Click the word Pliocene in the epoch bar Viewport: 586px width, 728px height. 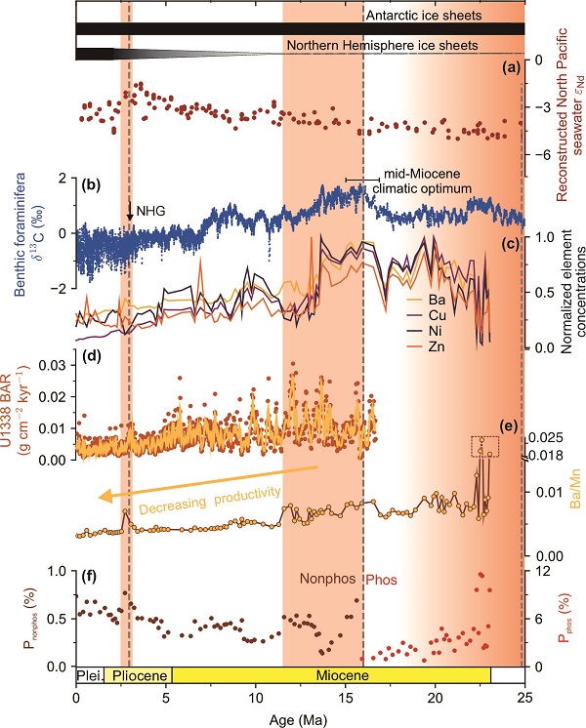pos(137,674)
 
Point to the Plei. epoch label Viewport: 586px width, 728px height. pos(89,674)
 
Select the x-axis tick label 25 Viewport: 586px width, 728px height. pos(525,697)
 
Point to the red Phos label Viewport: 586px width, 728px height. pos(383,578)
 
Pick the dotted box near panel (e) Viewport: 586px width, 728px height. pos(484,446)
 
